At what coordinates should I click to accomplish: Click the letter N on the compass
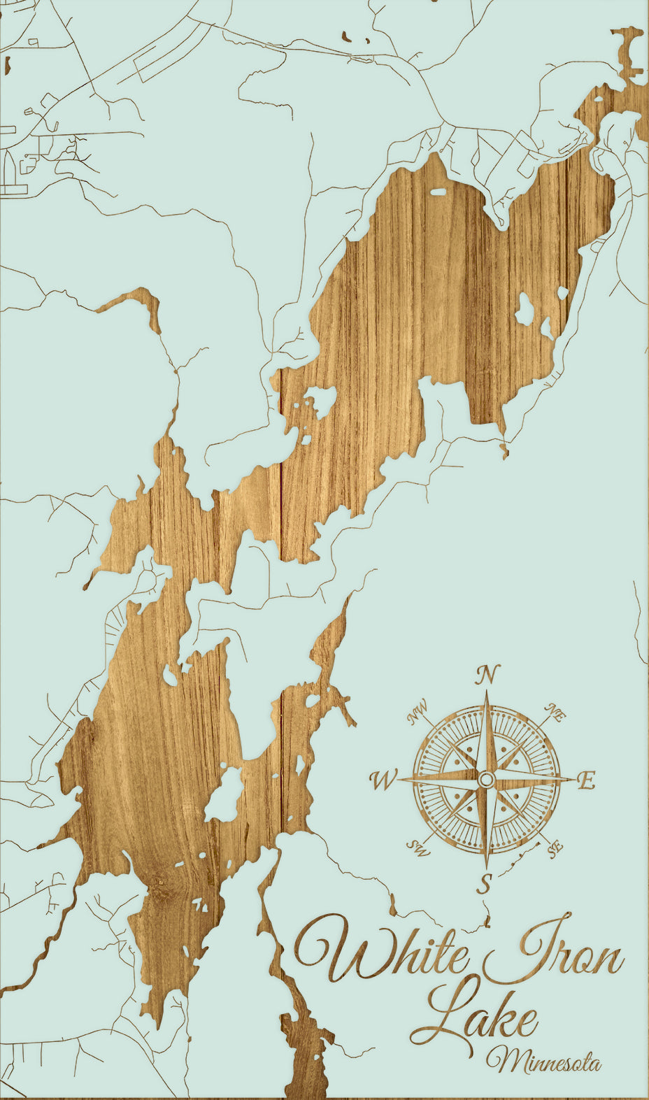click(487, 675)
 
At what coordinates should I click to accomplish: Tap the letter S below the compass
click(485, 883)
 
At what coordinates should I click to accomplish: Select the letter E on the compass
click(586, 780)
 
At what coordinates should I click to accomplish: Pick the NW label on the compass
click(418, 713)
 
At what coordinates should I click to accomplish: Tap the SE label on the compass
click(556, 849)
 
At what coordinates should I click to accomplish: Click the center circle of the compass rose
click(487, 779)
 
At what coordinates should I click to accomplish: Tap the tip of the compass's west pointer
click(401, 778)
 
